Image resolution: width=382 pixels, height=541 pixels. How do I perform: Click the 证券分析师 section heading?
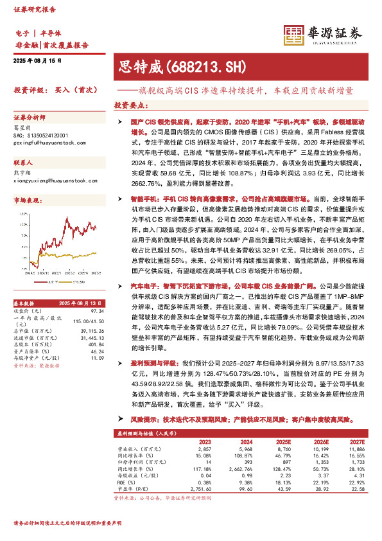coord(30,119)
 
